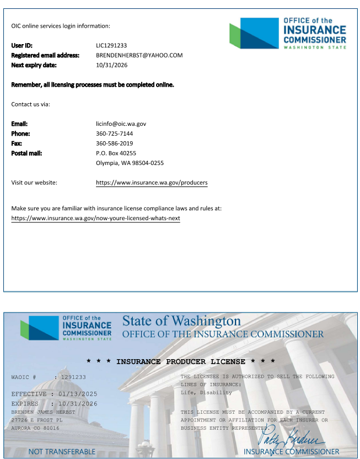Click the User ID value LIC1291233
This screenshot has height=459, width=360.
pos(111,45)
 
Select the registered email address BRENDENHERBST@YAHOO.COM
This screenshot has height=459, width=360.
pos(139,55)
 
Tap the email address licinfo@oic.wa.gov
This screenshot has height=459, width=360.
pos(121,124)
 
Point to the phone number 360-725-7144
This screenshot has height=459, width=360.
pos(114,134)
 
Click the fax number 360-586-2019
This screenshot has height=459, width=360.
pos(114,143)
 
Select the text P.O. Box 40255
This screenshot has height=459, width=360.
pos(116,153)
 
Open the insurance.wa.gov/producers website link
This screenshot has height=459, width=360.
pos(152,183)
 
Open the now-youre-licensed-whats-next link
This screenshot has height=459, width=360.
pos(95,218)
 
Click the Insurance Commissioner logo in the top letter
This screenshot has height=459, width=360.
pos(288,33)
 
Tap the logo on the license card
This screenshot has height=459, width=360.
pos(66,328)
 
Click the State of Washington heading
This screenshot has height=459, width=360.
pos(181,321)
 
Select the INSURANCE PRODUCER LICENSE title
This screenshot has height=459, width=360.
pos(181,361)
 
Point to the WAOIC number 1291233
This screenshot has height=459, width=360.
pos(73,377)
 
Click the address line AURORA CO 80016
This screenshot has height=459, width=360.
pos(35,428)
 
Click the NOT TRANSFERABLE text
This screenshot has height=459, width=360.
pos(62,452)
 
